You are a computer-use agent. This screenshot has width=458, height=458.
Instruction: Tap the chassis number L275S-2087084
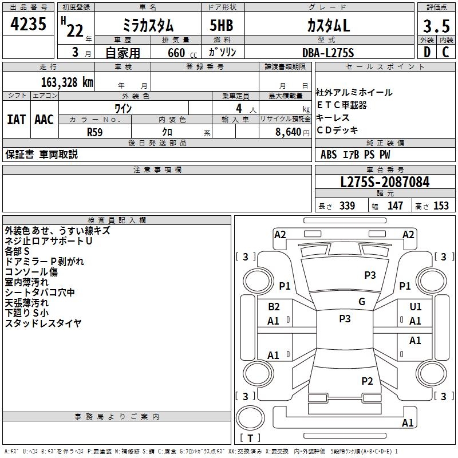tap(385, 183)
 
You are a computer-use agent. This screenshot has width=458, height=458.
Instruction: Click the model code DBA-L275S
tap(328, 52)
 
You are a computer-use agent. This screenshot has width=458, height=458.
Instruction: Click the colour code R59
tap(95, 131)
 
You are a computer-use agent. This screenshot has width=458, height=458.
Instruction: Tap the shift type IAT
tap(16, 119)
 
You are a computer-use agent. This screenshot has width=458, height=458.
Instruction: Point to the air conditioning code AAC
tap(44, 119)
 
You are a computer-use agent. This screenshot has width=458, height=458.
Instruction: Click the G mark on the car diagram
tap(362, 302)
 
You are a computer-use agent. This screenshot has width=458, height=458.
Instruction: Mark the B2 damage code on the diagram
tap(274, 307)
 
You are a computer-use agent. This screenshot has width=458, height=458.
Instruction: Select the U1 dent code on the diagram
tap(416, 307)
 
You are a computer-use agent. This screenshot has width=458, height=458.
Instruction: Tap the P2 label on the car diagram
tap(367, 381)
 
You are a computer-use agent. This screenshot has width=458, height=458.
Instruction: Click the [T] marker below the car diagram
tap(250, 439)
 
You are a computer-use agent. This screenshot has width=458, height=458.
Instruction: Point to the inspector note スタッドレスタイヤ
tap(44, 323)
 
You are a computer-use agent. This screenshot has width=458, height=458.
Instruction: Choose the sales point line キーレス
tap(333, 117)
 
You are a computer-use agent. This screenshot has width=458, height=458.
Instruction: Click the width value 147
tap(395, 206)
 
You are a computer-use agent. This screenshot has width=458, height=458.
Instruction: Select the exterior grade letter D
tap(426, 52)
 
